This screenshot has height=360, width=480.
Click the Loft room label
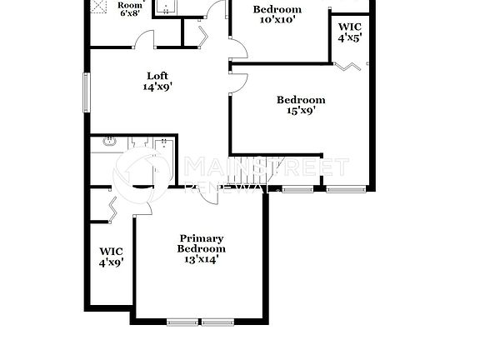tap(157, 74)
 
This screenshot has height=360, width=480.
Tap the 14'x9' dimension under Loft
tap(157, 85)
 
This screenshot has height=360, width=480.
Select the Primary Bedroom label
tap(201, 242)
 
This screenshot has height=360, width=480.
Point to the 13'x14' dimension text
tap(201, 258)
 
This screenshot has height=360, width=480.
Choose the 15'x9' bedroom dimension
tap(301, 111)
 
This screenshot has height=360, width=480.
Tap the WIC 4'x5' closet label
tap(350, 32)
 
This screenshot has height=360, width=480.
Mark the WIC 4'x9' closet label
tap(111, 256)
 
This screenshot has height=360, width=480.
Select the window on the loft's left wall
tap(86, 92)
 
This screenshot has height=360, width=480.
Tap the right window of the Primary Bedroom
tap(219, 322)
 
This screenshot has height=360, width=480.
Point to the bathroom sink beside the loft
tap(109, 142)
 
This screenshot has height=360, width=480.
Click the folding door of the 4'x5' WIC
tap(348, 64)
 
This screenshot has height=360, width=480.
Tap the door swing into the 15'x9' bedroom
tap(239, 81)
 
